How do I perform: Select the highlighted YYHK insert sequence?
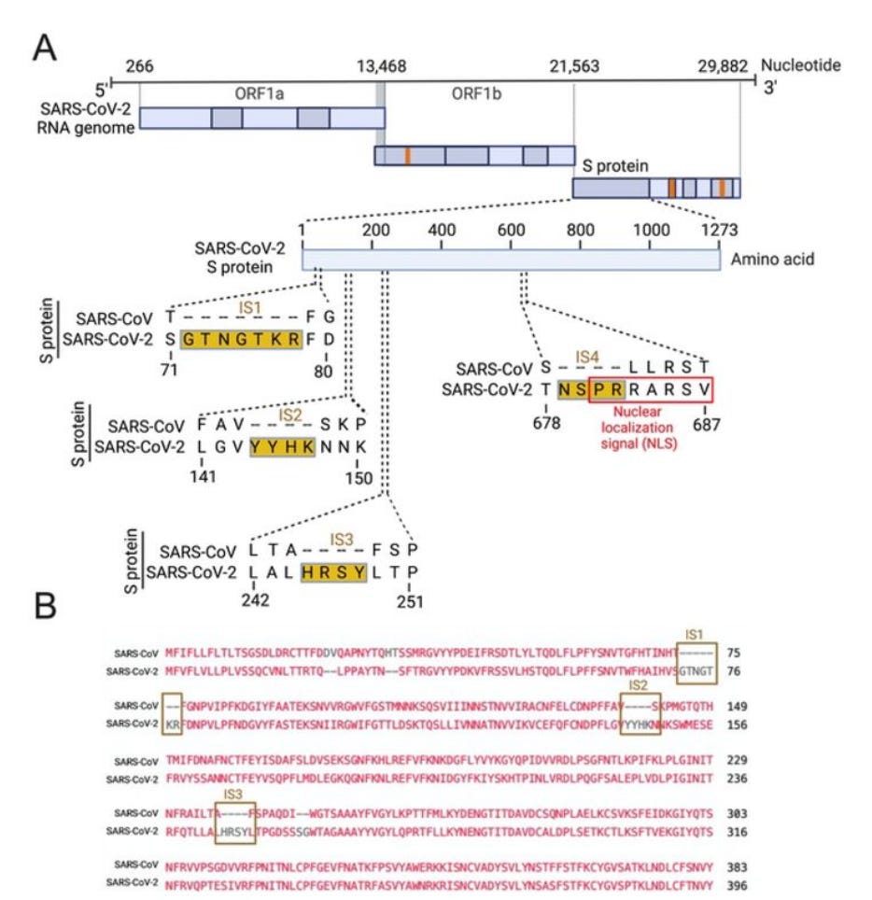(x=277, y=447)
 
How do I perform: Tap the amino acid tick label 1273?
(x=718, y=230)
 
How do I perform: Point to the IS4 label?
(x=586, y=359)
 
